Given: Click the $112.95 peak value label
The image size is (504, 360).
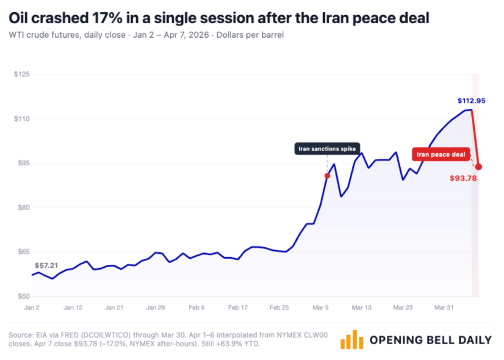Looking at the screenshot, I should click(x=471, y=101).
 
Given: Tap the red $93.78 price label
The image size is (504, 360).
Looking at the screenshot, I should click(x=463, y=178).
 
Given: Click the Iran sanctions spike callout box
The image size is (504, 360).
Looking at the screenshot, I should click(x=327, y=149).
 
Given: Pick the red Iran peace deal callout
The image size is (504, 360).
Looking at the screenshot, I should click(x=441, y=155).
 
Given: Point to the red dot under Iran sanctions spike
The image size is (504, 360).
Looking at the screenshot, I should click(x=327, y=175).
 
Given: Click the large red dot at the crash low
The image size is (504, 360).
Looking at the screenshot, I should click(x=479, y=167).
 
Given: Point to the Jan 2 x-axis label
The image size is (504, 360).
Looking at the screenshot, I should click(x=32, y=308).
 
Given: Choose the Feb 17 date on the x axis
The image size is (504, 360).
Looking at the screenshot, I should click(x=238, y=308).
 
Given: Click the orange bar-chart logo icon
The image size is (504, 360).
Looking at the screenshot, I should click(x=351, y=340).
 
